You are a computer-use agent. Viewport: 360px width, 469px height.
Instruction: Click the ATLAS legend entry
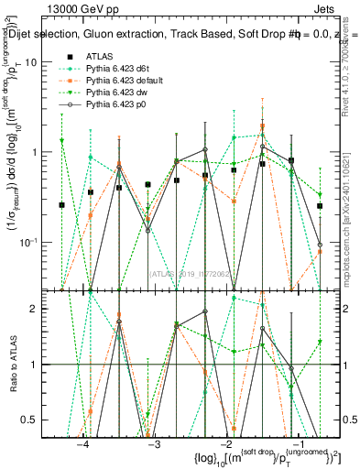tap(99, 55)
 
